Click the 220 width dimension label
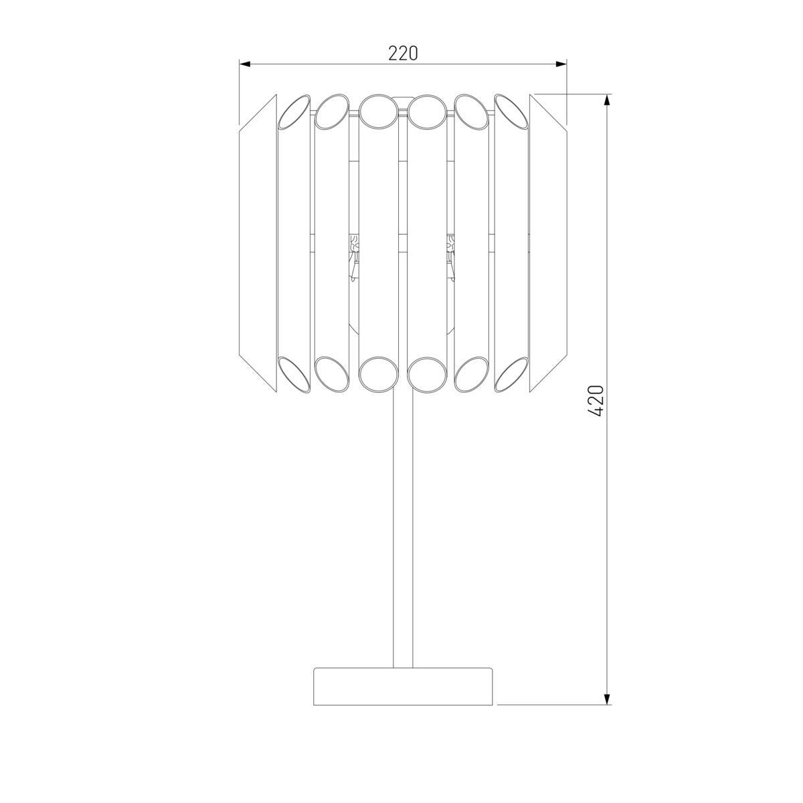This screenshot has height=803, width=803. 403,53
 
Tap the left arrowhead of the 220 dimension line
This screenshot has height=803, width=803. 245,64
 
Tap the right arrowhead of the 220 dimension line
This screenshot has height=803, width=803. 561,64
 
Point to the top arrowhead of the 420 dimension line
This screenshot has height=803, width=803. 607,100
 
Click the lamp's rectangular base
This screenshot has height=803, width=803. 403,687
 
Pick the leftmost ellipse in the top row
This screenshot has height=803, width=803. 293,111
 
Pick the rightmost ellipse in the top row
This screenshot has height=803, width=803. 512,111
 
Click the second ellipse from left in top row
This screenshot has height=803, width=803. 332,111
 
